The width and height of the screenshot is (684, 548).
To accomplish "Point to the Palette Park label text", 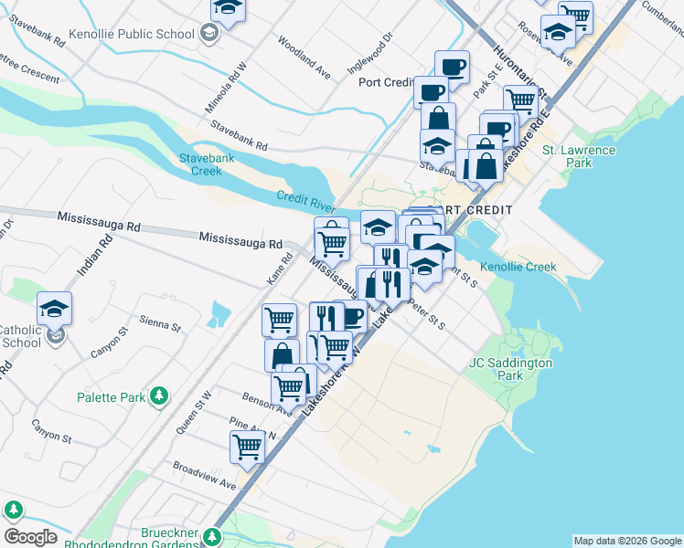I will (x=110, y=397).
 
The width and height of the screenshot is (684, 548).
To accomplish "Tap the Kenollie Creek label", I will (x=518, y=267).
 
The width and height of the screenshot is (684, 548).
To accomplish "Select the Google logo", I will (x=30, y=537).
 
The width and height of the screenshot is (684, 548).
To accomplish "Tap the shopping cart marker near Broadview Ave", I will (x=247, y=447).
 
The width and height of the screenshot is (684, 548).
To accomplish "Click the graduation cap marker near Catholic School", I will (x=55, y=308).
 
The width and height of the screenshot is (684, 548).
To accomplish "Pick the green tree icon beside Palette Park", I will (x=160, y=396).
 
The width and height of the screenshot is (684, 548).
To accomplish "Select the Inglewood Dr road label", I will (x=369, y=54).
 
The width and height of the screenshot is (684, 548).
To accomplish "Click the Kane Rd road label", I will (x=278, y=267).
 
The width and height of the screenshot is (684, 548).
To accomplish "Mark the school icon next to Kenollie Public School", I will (x=209, y=35).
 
